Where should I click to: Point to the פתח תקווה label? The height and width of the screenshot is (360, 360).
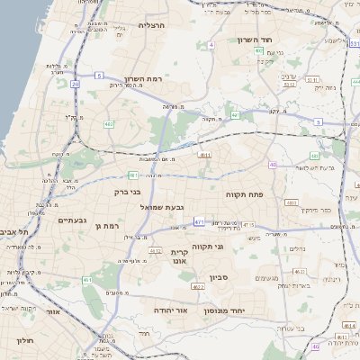click(x=243, y=193)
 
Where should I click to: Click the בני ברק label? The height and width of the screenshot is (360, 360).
click(x=129, y=192)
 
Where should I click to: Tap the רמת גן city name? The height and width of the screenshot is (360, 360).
click(x=106, y=225)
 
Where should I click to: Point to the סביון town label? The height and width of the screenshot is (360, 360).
click(x=220, y=276)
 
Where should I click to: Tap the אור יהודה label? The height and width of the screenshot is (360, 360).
click(x=170, y=309)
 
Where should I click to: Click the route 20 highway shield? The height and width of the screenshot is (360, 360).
click(x=76, y=84)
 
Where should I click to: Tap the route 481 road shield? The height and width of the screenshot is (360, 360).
click(x=133, y=175)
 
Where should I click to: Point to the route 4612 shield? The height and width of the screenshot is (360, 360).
click(x=155, y=252)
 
